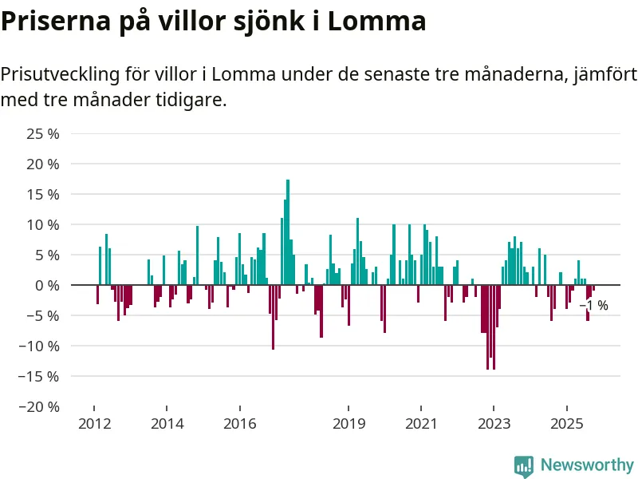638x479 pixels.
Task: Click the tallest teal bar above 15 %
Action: point(288,232)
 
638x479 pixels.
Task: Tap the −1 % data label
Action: point(593,306)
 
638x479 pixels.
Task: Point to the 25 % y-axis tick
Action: point(44,133)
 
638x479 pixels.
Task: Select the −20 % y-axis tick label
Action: point(40,406)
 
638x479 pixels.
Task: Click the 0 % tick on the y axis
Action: point(48,285)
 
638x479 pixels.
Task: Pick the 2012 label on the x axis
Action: point(93,423)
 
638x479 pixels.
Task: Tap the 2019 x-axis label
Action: point(349,423)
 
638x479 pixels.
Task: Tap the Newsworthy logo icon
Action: point(524,465)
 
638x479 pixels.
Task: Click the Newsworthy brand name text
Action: point(587,465)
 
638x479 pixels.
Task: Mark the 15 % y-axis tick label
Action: point(44,194)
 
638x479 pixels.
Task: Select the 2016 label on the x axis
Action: point(239,423)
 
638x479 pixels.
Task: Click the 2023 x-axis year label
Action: point(494,423)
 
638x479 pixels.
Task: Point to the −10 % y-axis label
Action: point(40,346)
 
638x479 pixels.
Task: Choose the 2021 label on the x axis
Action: point(421,423)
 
